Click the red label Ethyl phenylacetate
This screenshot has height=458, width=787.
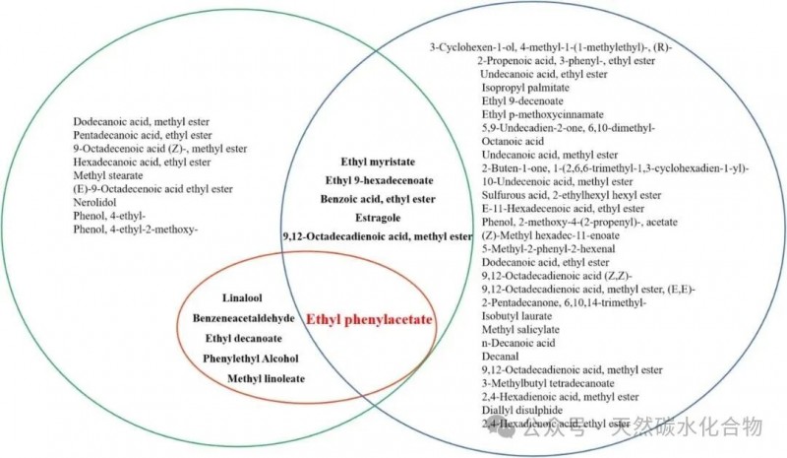[x=369, y=319]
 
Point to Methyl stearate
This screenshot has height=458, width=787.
[x=106, y=175]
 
